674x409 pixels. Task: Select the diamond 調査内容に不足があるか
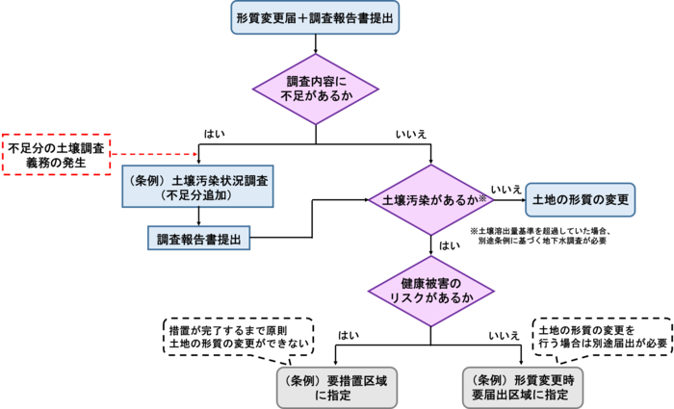coord(316,89)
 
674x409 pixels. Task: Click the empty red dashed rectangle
coord(57,154)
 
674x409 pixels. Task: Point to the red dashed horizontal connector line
coord(154,154)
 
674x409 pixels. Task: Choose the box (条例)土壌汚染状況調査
coord(197,188)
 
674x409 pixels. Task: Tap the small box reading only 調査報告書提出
coord(198,238)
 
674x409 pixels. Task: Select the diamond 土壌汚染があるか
coord(430,200)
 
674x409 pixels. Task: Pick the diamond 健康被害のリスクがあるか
coord(430,291)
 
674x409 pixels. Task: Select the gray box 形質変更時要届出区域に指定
coord(523,387)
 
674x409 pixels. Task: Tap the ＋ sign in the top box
coord(305,17)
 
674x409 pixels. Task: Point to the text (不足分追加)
coord(197,196)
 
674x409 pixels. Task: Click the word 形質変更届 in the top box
coord(269,17)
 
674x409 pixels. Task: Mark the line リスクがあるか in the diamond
coord(430,298)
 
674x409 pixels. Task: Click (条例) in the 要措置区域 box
coord(300,379)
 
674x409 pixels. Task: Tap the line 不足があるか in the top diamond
coord(316,97)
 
